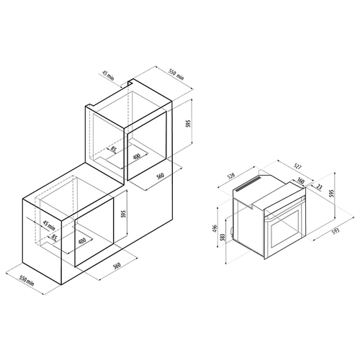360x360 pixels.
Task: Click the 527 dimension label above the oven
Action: pyautogui.click(x=297, y=167)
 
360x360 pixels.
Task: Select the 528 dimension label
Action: pyautogui.click(x=231, y=176)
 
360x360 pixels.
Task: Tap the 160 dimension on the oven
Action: pyautogui.click(x=300, y=181)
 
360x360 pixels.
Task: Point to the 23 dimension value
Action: pyautogui.click(x=319, y=186)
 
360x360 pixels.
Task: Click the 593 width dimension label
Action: pyautogui.click(x=336, y=231)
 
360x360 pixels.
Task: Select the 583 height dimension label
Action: pyautogui.click(x=222, y=238)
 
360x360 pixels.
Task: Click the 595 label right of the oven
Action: pyautogui.click(x=331, y=193)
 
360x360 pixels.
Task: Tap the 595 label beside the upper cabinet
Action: pyautogui.click(x=189, y=123)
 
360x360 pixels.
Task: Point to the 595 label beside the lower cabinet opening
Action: pyautogui.click(x=124, y=214)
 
